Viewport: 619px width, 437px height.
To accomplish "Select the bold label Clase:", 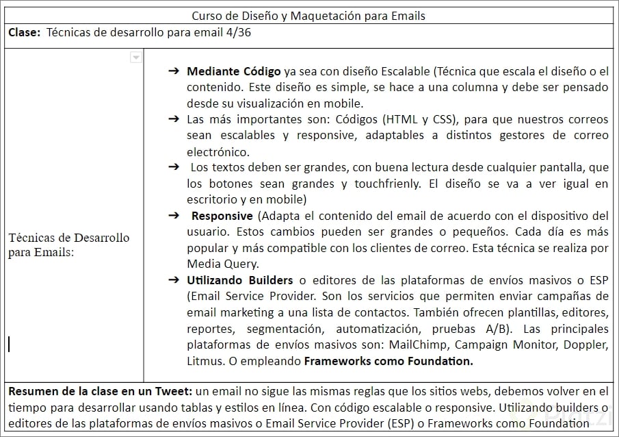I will coord(25,34).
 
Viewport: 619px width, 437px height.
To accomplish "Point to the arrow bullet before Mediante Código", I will coord(174,71).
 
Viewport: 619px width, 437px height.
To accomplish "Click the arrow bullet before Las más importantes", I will coord(174,118).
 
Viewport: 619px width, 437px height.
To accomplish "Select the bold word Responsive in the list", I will coord(222,216).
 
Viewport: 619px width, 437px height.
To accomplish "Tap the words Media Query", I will coord(220,264).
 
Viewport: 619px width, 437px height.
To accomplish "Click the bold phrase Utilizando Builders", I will coord(239,280).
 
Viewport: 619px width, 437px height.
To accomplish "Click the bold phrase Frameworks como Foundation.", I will coord(388,361).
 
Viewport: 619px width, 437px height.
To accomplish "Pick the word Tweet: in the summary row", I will coord(174,392).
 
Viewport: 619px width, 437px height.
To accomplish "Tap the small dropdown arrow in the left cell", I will coord(136,58).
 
